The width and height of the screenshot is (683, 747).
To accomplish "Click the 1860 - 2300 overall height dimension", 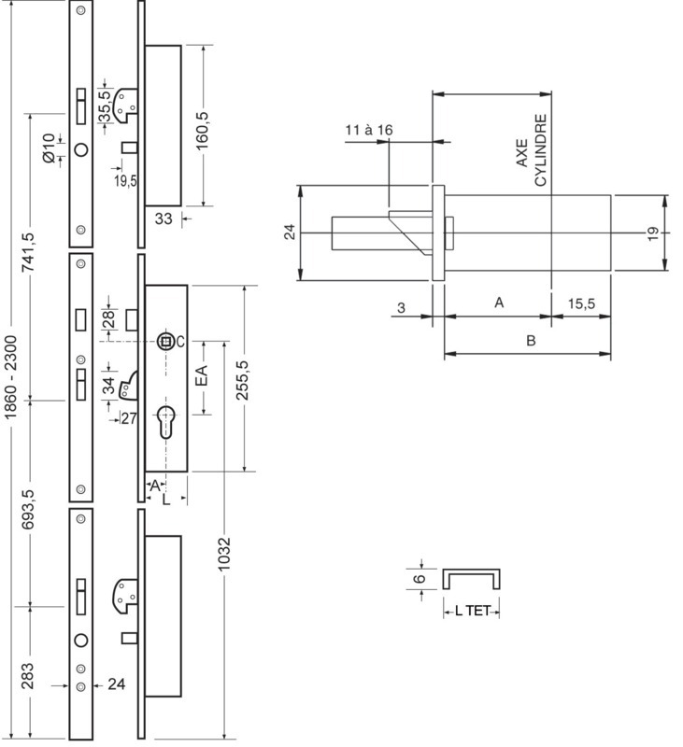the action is click(x=10, y=377).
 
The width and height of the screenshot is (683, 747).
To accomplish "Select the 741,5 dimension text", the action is click(x=29, y=252).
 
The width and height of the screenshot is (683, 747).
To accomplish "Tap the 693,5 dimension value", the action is click(x=29, y=510).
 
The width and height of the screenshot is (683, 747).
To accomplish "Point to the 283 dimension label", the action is click(x=28, y=675).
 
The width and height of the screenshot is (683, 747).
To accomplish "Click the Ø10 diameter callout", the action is click(x=49, y=148).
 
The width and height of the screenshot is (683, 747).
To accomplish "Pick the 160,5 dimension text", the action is click(x=203, y=130).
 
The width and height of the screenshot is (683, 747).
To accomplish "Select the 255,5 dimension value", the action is click(x=243, y=380).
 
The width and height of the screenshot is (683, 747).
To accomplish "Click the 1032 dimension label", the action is click(x=223, y=554).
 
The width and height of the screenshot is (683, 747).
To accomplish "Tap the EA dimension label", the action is click(x=203, y=375).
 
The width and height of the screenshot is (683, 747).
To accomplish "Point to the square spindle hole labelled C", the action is click(x=165, y=341).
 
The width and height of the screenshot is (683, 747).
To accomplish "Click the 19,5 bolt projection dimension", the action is click(x=125, y=181).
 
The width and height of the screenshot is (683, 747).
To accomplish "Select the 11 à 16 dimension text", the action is click(x=368, y=130).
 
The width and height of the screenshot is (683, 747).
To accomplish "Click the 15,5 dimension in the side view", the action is click(x=581, y=303).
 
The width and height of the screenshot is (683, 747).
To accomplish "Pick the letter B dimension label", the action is click(x=531, y=341).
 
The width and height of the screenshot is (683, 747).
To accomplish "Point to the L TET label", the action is click(x=472, y=611).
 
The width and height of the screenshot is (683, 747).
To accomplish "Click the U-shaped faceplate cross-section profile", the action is click(x=471, y=571).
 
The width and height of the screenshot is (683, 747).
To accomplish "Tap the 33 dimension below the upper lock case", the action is click(x=163, y=218).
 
